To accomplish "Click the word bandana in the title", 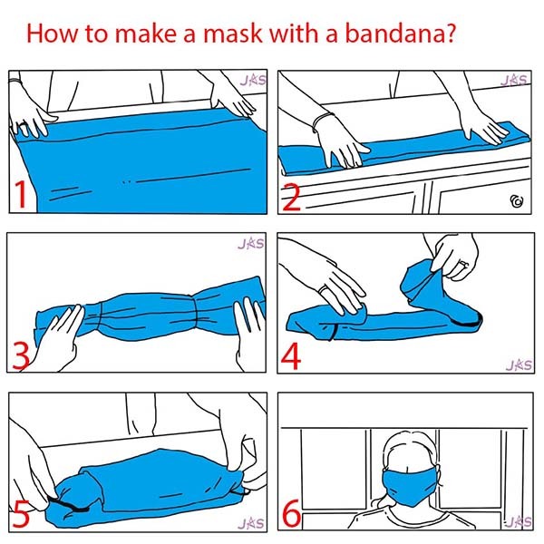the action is [394, 34].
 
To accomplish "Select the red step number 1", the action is [22, 194].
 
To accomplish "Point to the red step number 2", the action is [291, 198].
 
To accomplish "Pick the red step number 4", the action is [291, 356].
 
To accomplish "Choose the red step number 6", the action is [291, 514].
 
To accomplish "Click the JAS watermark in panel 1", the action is [253, 80].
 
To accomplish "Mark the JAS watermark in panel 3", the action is [251, 243].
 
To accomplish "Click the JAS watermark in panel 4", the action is [519, 364].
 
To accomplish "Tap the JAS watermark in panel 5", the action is [251, 523].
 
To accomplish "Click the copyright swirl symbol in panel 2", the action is [517, 201].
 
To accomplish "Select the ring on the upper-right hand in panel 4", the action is [462, 266].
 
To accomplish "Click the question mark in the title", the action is [450, 33].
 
